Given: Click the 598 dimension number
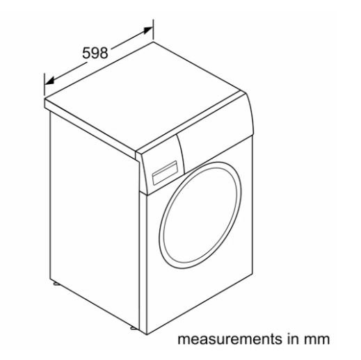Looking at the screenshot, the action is pyautogui.click(x=95, y=53).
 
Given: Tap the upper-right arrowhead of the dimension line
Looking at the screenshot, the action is pyautogui.click(x=148, y=30).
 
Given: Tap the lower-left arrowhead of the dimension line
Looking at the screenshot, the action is pyautogui.click(x=49, y=81).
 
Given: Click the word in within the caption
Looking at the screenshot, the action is pyautogui.click(x=292, y=338).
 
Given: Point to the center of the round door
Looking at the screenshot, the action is pyautogui.click(x=200, y=215).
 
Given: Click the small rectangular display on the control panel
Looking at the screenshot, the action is pyautogui.click(x=165, y=173).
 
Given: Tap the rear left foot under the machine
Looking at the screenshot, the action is pyautogui.click(x=56, y=284).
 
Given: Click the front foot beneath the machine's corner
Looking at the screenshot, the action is pyautogui.click(x=134, y=327).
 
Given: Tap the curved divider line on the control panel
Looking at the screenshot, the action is pyautogui.click(x=182, y=151).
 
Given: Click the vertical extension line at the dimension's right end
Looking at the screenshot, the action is pyautogui.click(x=153, y=30).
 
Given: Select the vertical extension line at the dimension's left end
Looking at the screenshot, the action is pyautogui.click(x=45, y=85).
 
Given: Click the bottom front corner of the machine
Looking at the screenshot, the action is pyautogui.click(x=147, y=334).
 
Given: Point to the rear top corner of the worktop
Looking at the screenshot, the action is pyautogui.click(x=153, y=42).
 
